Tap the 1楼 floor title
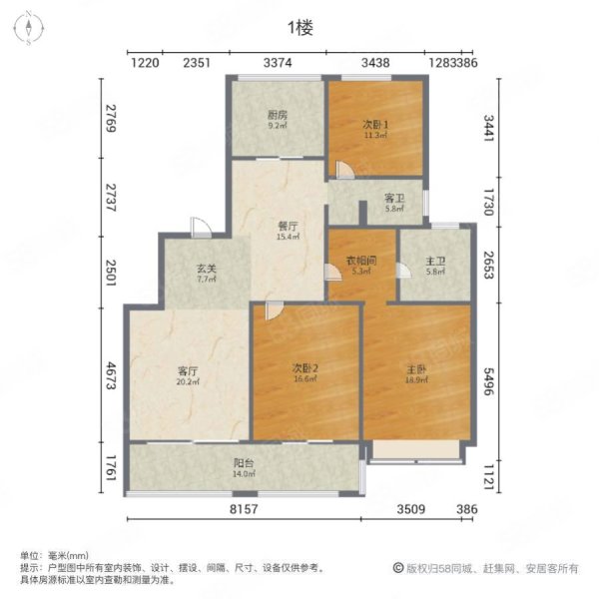click(x=300, y=29)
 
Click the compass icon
click(x=30, y=28)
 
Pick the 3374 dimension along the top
click(x=278, y=63)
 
